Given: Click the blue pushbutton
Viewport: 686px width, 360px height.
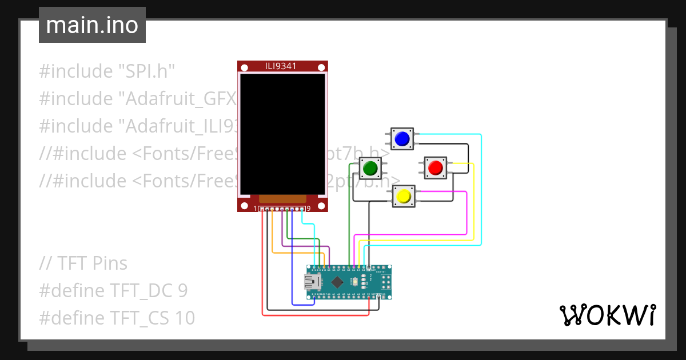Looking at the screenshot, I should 402,139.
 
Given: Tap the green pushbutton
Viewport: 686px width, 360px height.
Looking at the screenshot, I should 370,168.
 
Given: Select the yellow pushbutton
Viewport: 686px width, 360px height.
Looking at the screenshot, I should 404,196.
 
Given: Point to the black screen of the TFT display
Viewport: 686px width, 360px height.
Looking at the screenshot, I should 282,134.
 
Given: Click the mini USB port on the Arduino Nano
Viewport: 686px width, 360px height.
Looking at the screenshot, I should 312,281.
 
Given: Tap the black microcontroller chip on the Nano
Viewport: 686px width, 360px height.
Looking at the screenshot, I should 338,281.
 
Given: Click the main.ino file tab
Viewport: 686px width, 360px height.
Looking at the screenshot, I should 92,25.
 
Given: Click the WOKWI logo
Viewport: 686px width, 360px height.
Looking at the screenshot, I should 607,315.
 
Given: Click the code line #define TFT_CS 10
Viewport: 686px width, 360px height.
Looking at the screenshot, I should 117,318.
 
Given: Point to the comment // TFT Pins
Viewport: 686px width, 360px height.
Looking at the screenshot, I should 83,263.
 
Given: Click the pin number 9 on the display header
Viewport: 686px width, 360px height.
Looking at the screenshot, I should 309,209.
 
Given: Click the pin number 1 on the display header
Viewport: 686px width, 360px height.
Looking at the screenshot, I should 256,209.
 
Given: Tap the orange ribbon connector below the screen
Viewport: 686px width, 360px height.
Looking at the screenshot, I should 282,198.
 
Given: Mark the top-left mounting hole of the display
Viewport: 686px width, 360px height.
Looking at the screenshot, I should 244,67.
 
